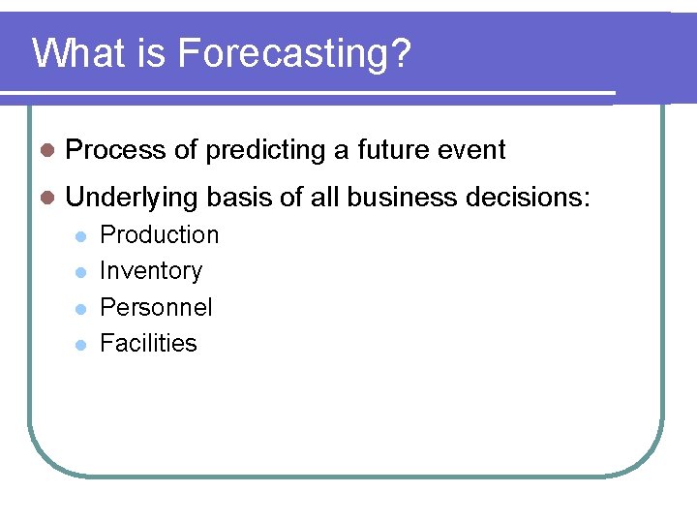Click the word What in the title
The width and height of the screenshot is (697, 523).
pos(72,53)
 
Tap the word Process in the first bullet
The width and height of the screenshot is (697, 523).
pos(116,150)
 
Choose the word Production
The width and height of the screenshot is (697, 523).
pos(160,235)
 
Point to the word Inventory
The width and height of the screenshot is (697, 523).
pos(151,271)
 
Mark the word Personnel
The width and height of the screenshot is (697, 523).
pos(156,308)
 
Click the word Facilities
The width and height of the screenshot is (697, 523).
pos(148,344)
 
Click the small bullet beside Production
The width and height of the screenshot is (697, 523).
pos(81,236)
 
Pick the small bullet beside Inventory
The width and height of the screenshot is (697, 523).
pos(81,272)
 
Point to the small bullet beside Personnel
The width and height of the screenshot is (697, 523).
pos(81,309)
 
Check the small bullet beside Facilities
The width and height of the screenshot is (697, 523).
pos(81,345)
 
